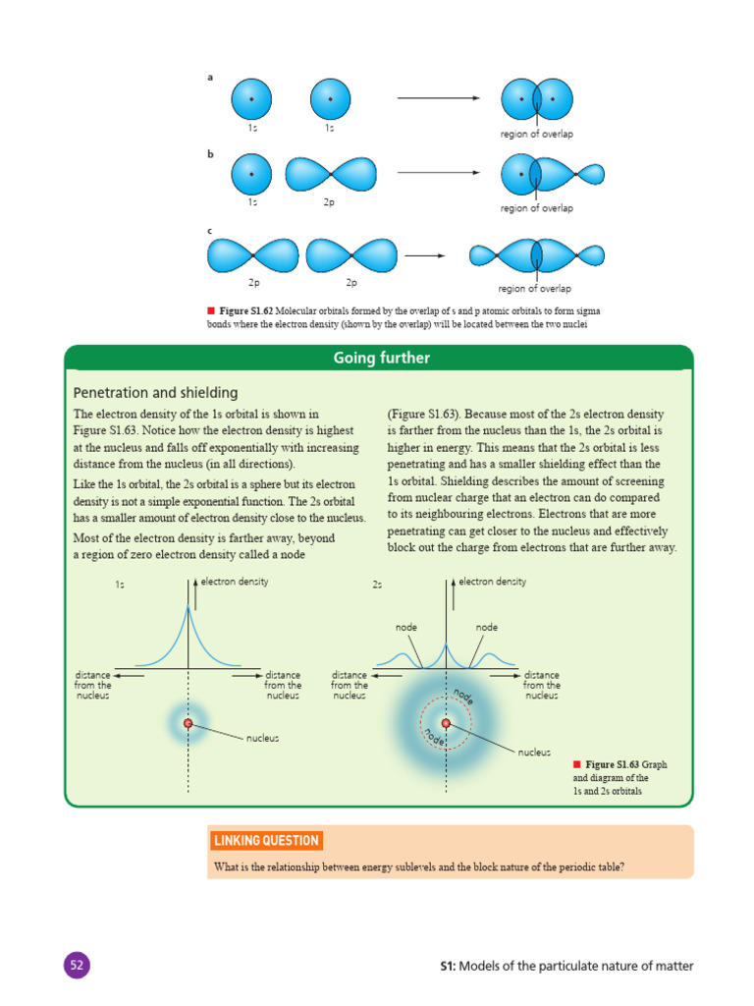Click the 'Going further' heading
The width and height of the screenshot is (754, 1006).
tap(381, 359)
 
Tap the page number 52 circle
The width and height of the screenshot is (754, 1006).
tap(78, 966)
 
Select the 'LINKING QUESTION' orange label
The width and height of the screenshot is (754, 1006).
tap(266, 840)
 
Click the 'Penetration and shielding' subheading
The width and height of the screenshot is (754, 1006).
tap(155, 392)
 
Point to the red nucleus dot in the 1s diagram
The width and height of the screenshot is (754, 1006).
tap(188, 724)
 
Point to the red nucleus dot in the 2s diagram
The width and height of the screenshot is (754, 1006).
tap(447, 723)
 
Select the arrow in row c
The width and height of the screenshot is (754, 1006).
tap(425, 255)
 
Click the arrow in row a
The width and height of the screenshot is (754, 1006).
tap(438, 98)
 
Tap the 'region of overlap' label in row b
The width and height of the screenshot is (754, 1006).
tap(536, 208)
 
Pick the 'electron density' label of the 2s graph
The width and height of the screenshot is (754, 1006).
tap(492, 582)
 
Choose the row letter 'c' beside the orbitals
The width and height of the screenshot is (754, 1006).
tap(210, 231)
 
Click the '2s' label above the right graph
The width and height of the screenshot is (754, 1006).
tap(377, 585)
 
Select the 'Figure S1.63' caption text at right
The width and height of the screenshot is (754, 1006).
tap(613, 764)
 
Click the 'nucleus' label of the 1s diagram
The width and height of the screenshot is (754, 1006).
tap(262, 738)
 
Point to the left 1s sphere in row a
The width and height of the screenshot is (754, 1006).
tap(251, 98)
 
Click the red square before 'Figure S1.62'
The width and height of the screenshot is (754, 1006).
tap(210, 310)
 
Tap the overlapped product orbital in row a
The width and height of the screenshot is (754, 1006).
tap(536, 98)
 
